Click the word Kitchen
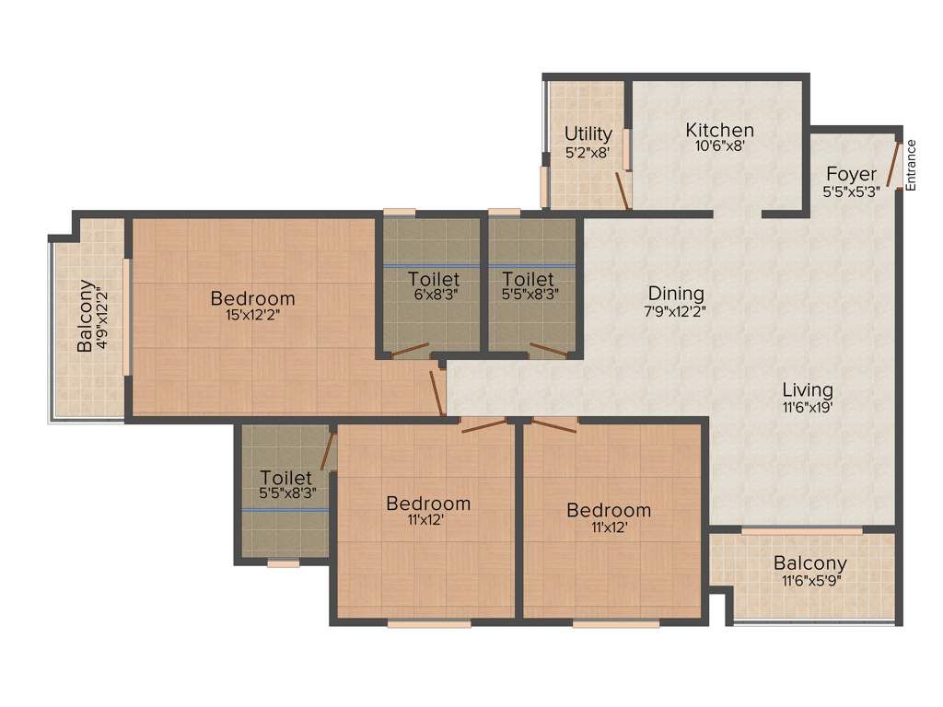pyautogui.click(x=720, y=130)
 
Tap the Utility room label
pyautogui.click(x=588, y=134)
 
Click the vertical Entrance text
pyautogui.click(x=911, y=165)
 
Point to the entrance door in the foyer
pyautogui.click(x=892, y=163)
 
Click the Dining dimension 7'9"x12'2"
pyautogui.click(x=676, y=311)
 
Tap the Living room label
pyautogui.click(x=808, y=389)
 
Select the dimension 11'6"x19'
pyautogui.click(x=808, y=406)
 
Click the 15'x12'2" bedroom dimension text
pyautogui.click(x=253, y=315)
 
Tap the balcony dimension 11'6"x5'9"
pyautogui.click(x=809, y=580)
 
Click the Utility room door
pyautogui.click(x=623, y=191)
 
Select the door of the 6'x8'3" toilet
pyautogui.click(x=410, y=350)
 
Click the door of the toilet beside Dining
pyautogui.click(x=550, y=350)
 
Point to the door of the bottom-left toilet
pyautogui.click(x=326, y=450)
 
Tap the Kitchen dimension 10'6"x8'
pyautogui.click(x=720, y=145)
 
